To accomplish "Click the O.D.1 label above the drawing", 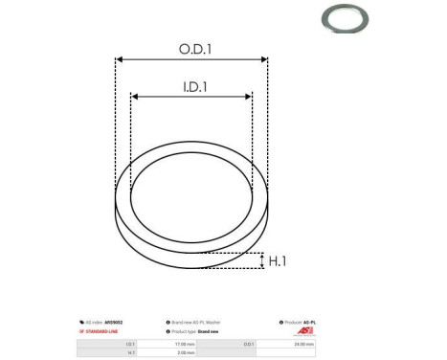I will [x=191, y=47].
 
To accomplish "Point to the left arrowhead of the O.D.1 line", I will [x=119, y=59].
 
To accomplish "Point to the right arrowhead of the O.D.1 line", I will [x=265, y=59].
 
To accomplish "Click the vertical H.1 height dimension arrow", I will [x=261, y=260].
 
